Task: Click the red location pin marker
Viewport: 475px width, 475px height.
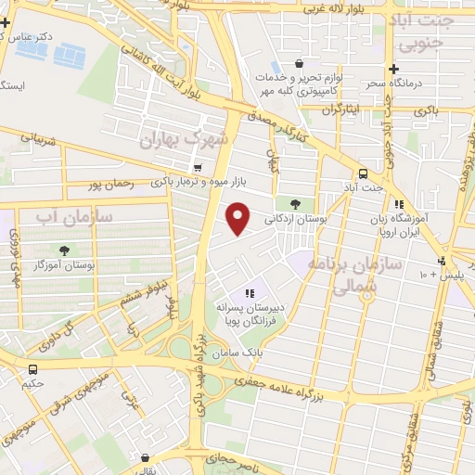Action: [238, 218]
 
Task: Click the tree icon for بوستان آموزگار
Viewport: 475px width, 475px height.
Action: [64, 250]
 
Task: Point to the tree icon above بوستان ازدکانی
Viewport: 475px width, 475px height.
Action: [295, 203]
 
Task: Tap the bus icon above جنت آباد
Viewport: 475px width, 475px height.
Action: [363, 173]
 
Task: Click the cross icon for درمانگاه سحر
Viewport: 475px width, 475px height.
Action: [394, 69]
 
